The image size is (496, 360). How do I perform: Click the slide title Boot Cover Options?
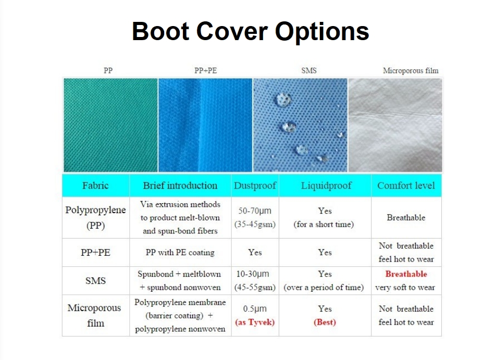click(250, 31)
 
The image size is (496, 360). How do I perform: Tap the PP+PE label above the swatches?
click(205, 70)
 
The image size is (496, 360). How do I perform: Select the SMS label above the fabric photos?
click(308, 70)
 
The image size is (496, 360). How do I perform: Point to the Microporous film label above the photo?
click(411, 70)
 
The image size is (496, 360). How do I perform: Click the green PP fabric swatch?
click(110, 125)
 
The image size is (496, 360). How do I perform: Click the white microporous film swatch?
click(395, 125)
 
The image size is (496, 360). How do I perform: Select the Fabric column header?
click(95, 185)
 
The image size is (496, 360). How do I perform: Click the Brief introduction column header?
click(180, 185)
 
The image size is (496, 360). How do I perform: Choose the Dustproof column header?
click(255, 185)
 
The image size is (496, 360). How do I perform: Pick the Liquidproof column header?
click(326, 185)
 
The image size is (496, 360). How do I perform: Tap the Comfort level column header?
click(406, 185)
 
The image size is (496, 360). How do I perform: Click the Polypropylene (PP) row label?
click(95, 218)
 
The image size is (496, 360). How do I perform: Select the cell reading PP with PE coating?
click(180, 253)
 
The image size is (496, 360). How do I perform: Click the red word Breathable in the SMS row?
click(406, 274)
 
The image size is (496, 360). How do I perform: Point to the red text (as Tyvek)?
click(255, 322)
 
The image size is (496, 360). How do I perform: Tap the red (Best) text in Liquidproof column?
click(325, 322)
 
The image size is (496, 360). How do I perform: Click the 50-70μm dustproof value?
click(255, 211)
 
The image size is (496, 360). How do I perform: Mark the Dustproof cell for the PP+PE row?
click(255, 253)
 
